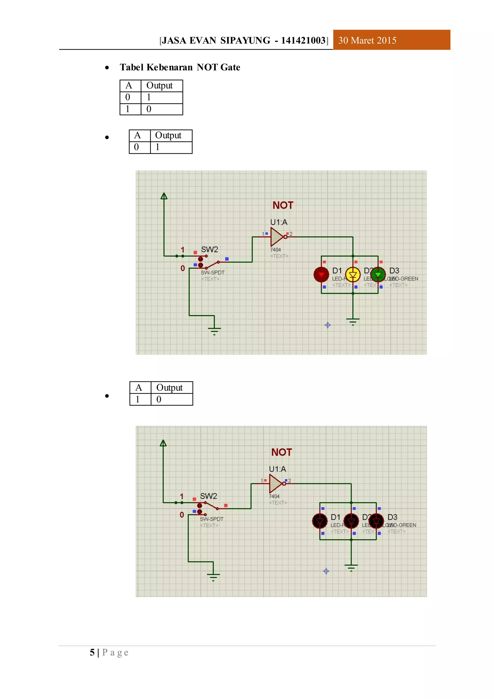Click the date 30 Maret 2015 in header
(367, 41)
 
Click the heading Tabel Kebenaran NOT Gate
(180, 67)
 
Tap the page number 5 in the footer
(92, 652)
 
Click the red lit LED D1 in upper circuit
(321, 275)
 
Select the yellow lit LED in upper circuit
(353, 275)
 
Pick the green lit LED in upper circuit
(378, 275)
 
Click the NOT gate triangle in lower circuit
(275, 484)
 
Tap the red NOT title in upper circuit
(283, 205)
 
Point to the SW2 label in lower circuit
(208, 496)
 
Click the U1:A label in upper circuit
(279, 222)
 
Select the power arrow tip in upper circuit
(164, 196)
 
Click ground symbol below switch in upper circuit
(214, 330)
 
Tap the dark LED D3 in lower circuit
(376, 521)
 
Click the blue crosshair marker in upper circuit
(328, 325)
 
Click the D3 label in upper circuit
(394, 271)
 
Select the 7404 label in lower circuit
(274, 496)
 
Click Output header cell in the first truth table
(159, 85)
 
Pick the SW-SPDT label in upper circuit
(213, 273)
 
